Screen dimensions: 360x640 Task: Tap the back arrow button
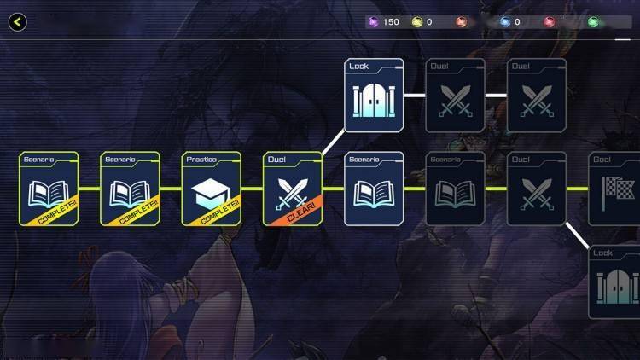click(x=17, y=22)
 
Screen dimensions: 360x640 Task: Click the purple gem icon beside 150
click(x=372, y=22)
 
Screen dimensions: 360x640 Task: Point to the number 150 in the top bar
click(x=391, y=22)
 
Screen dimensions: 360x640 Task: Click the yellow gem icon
click(x=417, y=22)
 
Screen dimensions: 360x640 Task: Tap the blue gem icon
click(x=505, y=22)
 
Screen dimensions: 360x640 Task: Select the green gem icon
click(x=592, y=22)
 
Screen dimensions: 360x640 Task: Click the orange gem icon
click(x=461, y=22)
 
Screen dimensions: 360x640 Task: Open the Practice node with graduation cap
click(x=211, y=189)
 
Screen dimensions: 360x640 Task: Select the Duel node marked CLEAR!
click(x=293, y=189)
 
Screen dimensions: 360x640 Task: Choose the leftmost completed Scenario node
click(x=49, y=189)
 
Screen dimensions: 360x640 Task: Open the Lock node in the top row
click(x=374, y=96)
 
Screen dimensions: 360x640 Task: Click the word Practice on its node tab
click(x=201, y=160)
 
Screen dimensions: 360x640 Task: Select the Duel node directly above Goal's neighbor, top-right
click(x=537, y=96)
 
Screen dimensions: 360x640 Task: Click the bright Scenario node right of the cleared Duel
click(x=374, y=189)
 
